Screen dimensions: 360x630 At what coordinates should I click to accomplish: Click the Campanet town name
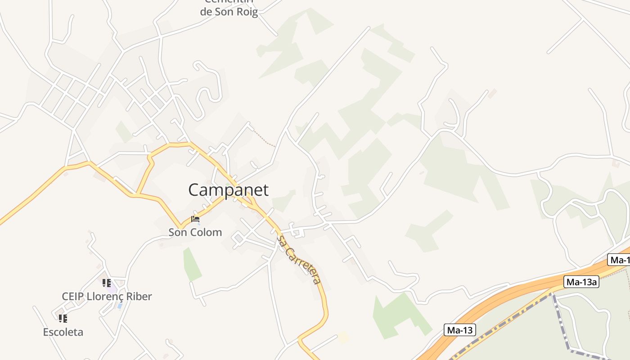point(228,190)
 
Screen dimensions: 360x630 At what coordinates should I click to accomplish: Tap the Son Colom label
point(195,232)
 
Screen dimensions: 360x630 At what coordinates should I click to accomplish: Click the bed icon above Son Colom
point(195,220)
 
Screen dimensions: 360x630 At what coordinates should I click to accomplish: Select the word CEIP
point(72,297)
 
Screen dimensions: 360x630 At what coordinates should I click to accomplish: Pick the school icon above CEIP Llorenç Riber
point(106,283)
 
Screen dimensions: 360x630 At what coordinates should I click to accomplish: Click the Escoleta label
point(63,332)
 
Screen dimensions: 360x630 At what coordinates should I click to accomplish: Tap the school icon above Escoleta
point(63,319)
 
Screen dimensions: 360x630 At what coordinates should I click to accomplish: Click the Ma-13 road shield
point(460,330)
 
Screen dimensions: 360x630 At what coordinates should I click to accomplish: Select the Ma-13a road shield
point(581,282)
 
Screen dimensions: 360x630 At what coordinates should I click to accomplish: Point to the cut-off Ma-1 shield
point(619,260)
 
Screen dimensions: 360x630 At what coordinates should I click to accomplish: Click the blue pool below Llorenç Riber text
point(119,306)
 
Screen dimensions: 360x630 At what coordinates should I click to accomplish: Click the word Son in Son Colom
point(177,232)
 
